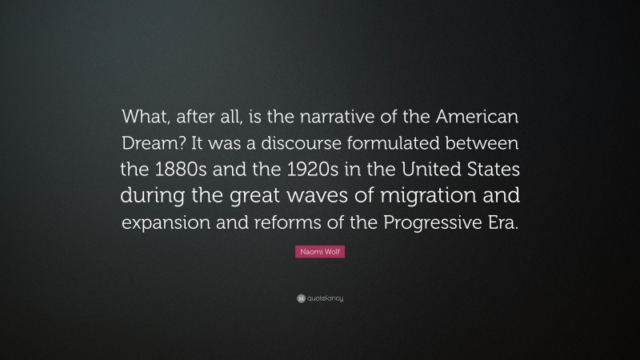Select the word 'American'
point(478,118)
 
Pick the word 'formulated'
point(401,144)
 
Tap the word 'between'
point(486,144)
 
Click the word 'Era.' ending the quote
point(501,223)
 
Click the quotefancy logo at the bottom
point(320,298)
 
